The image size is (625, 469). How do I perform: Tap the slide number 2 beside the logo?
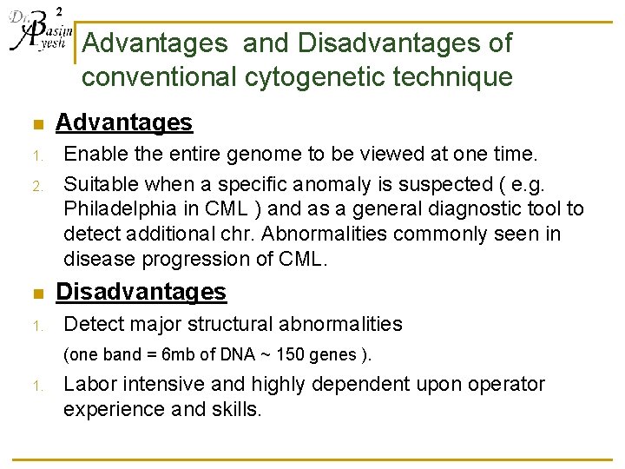pyautogui.click(x=58, y=10)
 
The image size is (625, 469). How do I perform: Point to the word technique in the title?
pyautogui.click(x=453, y=77)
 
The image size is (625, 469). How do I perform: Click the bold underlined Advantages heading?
pyautogui.click(x=124, y=123)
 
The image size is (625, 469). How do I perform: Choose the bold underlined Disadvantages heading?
pyautogui.click(x=141, y=292)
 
